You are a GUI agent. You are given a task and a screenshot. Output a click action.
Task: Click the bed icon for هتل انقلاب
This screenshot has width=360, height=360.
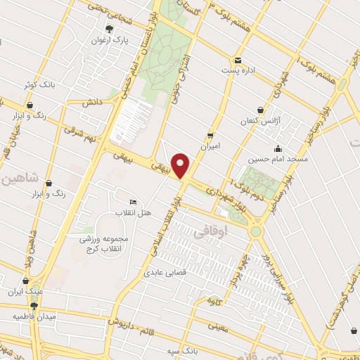tap(134, 202)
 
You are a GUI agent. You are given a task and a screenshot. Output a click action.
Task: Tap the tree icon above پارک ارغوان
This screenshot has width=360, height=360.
tap(108, 29)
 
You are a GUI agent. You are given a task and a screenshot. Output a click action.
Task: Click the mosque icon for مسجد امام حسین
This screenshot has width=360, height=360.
tap(278, 148)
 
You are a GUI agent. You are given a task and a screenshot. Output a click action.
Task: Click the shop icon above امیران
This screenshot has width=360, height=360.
tap(210, 136)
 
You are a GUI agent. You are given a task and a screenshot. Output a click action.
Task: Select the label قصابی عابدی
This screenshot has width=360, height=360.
tap(165, 271)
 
